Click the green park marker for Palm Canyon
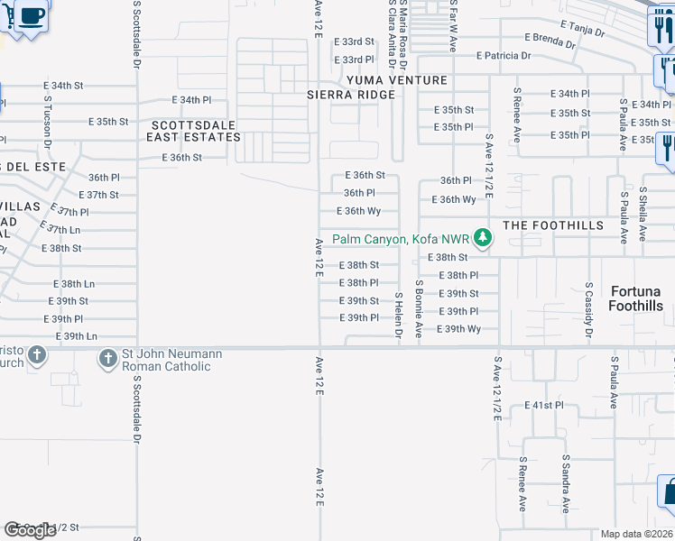click(484, 238)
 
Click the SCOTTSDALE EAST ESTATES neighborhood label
click(195, 131)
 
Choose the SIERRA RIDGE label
click(350, 95)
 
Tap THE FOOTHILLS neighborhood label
click(546, 225)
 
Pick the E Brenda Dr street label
click(550, 40)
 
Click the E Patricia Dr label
click(504, 56)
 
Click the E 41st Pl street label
click(544, 406)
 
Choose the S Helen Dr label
click(398, 316)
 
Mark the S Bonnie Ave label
click(419, 308)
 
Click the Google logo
click(30, 530)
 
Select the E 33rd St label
click(354, 41)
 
